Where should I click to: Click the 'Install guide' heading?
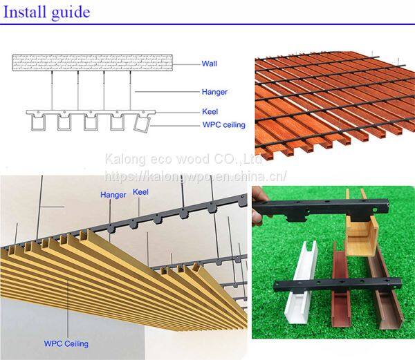(46, 12)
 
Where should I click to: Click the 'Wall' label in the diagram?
(209, 64)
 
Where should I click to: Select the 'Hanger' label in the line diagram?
(214, 92)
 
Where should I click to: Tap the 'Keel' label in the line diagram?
(210, 111)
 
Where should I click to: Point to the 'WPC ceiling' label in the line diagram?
(224, 125)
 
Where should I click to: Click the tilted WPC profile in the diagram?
(142, 124)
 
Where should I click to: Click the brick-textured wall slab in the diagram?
(93, 63)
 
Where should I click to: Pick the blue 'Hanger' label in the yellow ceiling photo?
(113, 195)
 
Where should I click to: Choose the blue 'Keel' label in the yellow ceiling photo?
(140, 192)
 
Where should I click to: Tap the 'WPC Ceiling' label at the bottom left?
(66, 344)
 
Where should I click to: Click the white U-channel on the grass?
(302, 283)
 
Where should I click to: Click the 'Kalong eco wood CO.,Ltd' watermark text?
(183, 160)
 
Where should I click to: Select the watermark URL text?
(196, 176)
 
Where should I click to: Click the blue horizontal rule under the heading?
(207, 24)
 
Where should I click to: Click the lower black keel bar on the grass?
(338, 285)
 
